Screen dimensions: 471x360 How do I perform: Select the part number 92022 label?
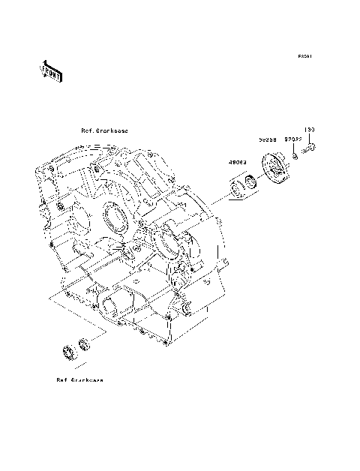292,139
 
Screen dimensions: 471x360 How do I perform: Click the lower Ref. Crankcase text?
79,380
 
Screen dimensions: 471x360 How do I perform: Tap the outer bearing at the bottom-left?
68,351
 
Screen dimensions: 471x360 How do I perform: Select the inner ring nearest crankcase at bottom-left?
84,344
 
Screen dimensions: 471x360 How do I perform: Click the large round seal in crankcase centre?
115,219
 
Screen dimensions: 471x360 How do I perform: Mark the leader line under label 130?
309,138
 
